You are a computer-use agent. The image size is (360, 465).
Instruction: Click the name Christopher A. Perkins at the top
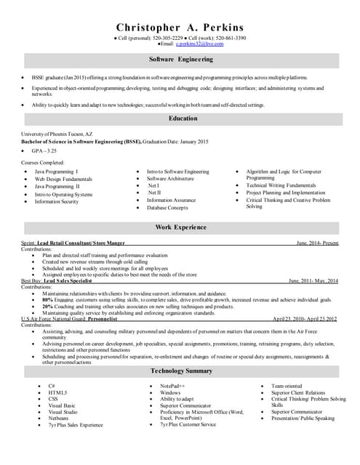point(180,27)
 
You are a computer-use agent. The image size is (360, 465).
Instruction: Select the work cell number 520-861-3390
point(230,38)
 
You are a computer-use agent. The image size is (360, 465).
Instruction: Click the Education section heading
point(183,118)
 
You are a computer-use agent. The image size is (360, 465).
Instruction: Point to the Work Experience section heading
point(180,227)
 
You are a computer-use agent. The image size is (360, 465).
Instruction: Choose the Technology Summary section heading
point(180,371)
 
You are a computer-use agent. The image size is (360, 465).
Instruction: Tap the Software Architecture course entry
point(170,179)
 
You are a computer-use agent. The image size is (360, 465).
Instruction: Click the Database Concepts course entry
point(169,208)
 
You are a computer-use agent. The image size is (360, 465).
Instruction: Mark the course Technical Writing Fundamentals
point(280,185)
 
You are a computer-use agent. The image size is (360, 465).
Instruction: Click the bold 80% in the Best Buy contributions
point(47,299)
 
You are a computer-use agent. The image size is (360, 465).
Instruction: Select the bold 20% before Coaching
point(47,307)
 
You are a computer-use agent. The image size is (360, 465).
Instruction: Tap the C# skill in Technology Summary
point(52,385)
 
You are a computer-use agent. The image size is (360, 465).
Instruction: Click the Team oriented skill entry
point(286,385)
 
